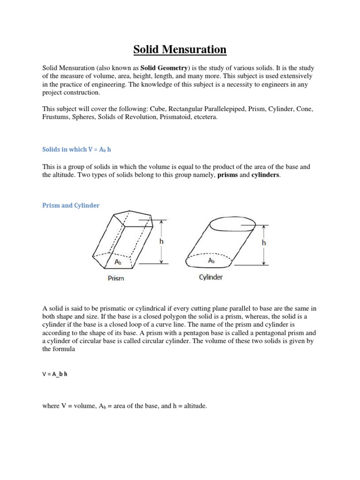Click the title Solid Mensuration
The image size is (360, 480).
point(180,49)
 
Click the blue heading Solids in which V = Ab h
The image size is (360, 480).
point(77,149)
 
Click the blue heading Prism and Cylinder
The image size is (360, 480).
point(71,205)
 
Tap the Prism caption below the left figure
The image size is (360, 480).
point(116,278)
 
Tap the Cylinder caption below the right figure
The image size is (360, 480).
point(210,277)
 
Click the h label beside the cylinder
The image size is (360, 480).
point(264,243)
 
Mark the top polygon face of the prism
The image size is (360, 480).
point(131,218)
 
